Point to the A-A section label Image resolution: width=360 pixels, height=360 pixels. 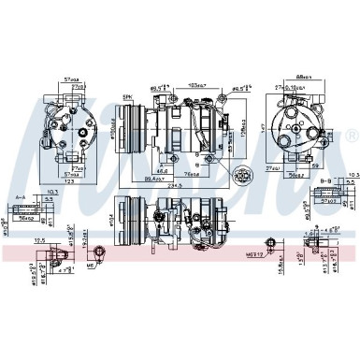[x=20, y=197]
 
